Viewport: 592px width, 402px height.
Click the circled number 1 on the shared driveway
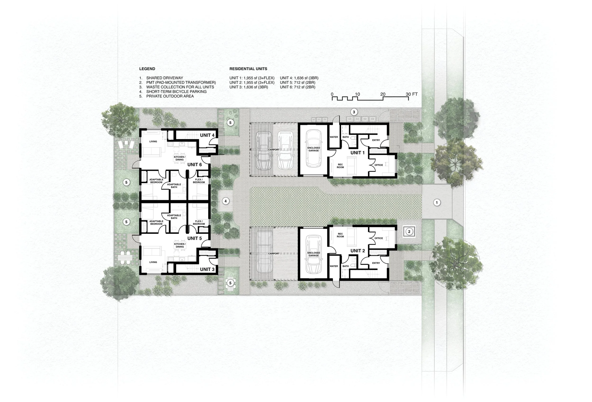click(437, 202)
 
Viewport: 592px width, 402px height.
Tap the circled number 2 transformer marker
click(409, 232)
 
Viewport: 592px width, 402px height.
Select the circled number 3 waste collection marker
click(354, 112)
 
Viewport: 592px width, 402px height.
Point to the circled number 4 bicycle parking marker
click(225, 201)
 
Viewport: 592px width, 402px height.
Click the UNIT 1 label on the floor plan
click(357, 153)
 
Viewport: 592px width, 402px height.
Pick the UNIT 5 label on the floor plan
click(194, 238)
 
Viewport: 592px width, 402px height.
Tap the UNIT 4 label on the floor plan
click(207, 135)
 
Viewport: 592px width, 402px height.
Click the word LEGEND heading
click(147, 69)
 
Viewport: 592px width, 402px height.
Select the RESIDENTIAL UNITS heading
click(248, 69)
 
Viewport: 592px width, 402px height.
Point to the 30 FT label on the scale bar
click(411, 94)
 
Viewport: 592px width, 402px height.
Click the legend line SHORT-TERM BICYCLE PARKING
click(176, 91)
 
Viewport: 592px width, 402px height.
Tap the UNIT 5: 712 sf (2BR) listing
click(297, 83)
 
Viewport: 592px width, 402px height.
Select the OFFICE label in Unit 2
click(379, 238)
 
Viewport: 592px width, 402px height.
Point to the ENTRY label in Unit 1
click(376, 140)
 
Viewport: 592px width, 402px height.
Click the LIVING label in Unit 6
click(153, 141)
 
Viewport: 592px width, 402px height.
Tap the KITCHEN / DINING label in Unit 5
click(179, 245)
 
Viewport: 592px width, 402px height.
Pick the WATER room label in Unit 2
click(334, 266)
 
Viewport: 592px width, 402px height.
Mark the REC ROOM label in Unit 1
click(340, 166)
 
